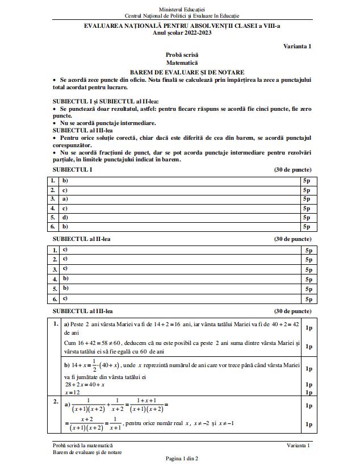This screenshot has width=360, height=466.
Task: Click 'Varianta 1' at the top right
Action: click(298, 46)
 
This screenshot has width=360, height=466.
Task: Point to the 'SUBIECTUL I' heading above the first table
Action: click(72, 169)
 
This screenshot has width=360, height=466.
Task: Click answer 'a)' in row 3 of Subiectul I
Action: click(65, 199)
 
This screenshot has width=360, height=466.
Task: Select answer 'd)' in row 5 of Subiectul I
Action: click(65, 217)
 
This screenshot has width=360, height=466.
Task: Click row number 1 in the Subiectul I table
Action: click(53, 181)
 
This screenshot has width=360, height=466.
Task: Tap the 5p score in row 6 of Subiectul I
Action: click(307, 226)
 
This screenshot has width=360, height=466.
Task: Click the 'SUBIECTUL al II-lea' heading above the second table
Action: click(81, 239)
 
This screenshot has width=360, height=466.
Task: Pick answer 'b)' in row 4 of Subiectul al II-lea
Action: click(65, 278)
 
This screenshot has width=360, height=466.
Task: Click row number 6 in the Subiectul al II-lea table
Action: click(55, 298)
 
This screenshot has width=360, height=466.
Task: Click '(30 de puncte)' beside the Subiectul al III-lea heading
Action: click(292, 311)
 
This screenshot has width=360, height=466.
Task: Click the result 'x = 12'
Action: click(72, 393)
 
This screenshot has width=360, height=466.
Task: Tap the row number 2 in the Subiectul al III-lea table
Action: click(56, 402)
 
